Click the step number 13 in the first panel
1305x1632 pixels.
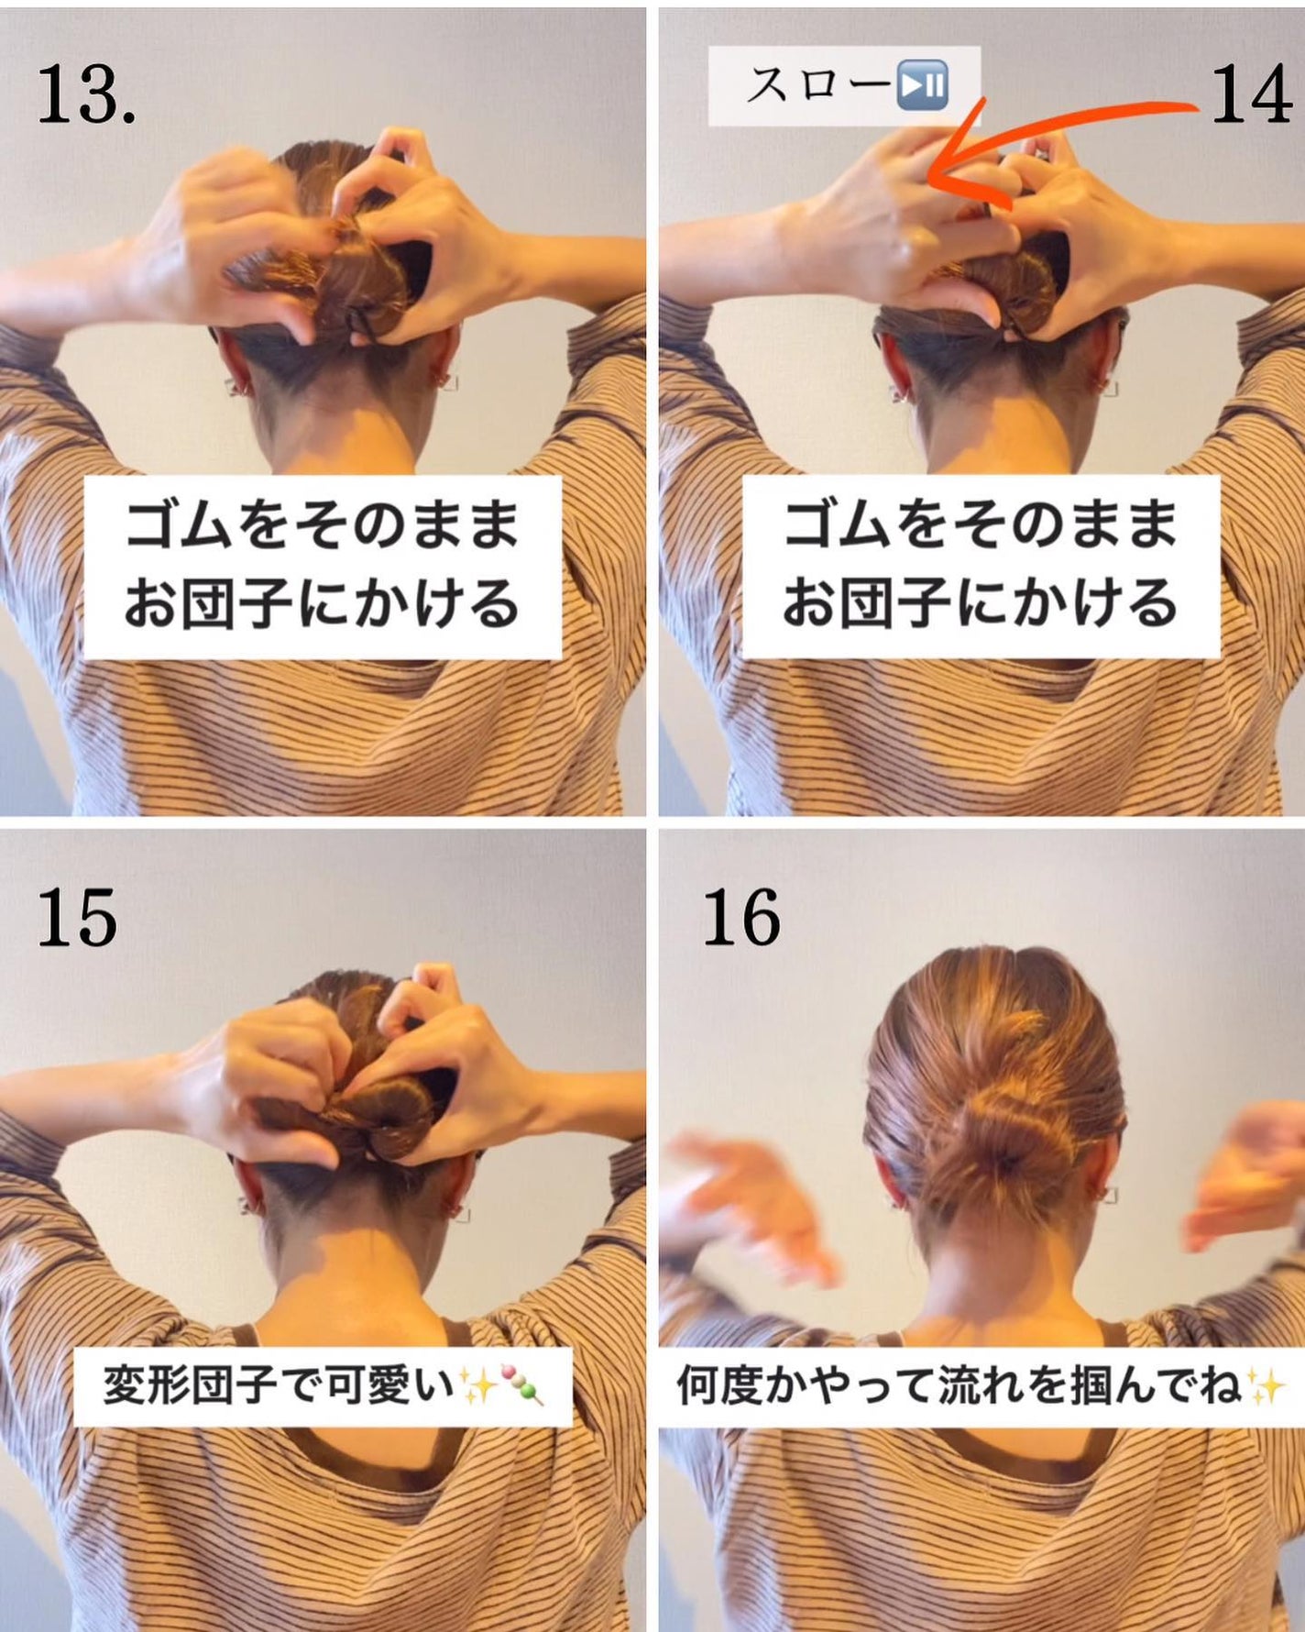coord(86,95)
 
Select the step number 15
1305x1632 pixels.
coord(77,918)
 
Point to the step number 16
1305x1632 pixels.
coord(741,918)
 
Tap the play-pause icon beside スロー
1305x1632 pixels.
coord(922,86)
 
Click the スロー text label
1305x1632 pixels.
coord(817,86)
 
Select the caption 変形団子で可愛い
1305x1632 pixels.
coord(279,1385)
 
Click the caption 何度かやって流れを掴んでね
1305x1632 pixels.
coord(959,1385)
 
